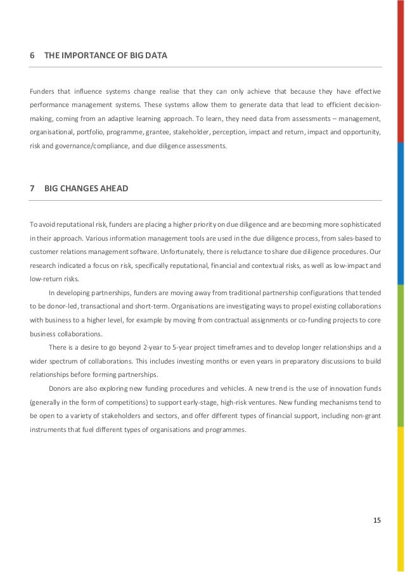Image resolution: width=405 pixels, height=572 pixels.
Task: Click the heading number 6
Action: [32, 56]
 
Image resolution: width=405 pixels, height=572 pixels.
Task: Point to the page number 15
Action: [377, 520]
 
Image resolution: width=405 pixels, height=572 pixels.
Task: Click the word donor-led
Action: [59, 306]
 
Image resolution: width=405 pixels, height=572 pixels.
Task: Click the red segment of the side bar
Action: [401, 70]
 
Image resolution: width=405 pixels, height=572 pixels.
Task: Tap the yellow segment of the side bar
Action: [401, 494]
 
